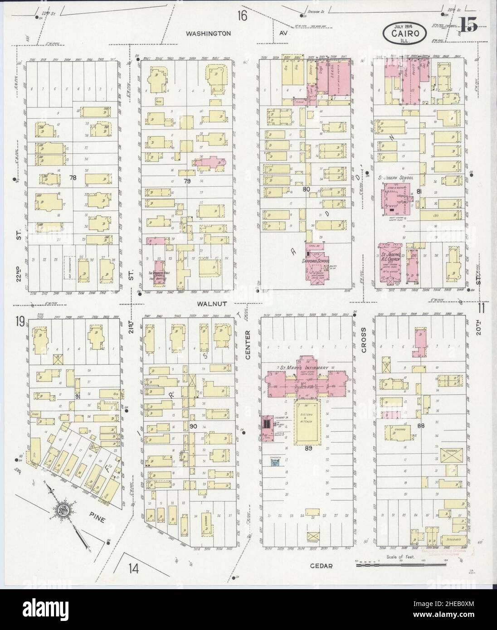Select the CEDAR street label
coord(322,566)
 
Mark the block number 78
coord(73,178)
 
